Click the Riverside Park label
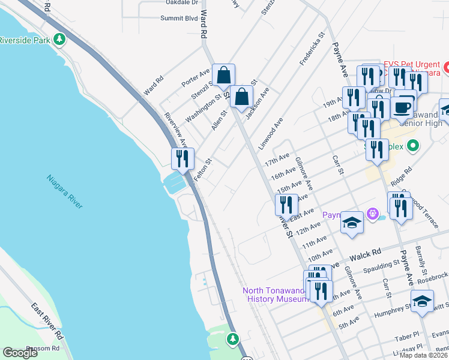click(25, 40)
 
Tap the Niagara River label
click(65, 191)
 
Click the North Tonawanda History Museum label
click(275, 295)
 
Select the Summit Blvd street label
click(178, 19)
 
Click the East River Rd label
click(47, 318)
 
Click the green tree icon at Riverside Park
click(59, 40)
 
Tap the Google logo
click(20, 352)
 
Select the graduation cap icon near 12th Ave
click(352, 223)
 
